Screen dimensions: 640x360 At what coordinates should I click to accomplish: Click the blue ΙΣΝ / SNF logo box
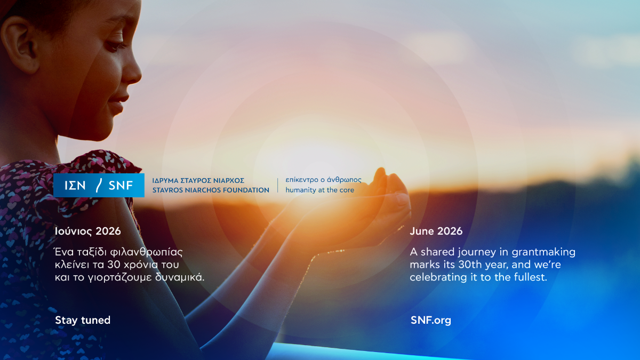[x=99, y=185]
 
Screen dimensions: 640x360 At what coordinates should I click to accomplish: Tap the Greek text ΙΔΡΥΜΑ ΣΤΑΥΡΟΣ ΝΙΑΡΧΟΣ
[x=198, y=181]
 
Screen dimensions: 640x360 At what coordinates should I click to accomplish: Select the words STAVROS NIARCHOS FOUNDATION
[x=211, y=190]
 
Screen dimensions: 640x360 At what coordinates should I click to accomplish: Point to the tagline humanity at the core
[x=319, y=190]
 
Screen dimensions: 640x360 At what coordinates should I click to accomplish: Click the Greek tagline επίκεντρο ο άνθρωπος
[x=323, y=180]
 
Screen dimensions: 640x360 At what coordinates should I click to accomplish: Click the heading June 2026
[x=436, y=231]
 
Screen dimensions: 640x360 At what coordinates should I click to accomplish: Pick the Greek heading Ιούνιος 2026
[x=87, y=231]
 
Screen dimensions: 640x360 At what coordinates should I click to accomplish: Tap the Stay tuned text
[x=83, y=320]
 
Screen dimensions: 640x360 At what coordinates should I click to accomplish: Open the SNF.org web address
[x=431, y=321]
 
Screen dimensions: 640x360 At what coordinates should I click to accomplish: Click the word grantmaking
[x=543, y=252]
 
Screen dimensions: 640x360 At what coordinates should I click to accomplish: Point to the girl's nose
[x=132, y=71]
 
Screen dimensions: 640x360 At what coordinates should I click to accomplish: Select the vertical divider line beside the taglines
[x=277, y=185]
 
